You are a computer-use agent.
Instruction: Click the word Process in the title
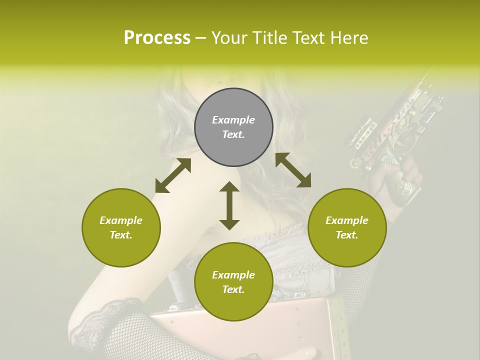pos(157,38)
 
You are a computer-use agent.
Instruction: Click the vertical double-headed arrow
pos(229,205)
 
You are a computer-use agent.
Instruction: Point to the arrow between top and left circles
pos(173,175)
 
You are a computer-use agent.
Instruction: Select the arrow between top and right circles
pos(293,170)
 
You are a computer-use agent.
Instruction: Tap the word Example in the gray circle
pos(233,120)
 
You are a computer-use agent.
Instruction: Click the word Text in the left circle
pos(121,235)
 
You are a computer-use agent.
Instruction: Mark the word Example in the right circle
pos(346,220)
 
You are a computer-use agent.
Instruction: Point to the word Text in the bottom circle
pos(233,289)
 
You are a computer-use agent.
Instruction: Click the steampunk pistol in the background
pos(390,130)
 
